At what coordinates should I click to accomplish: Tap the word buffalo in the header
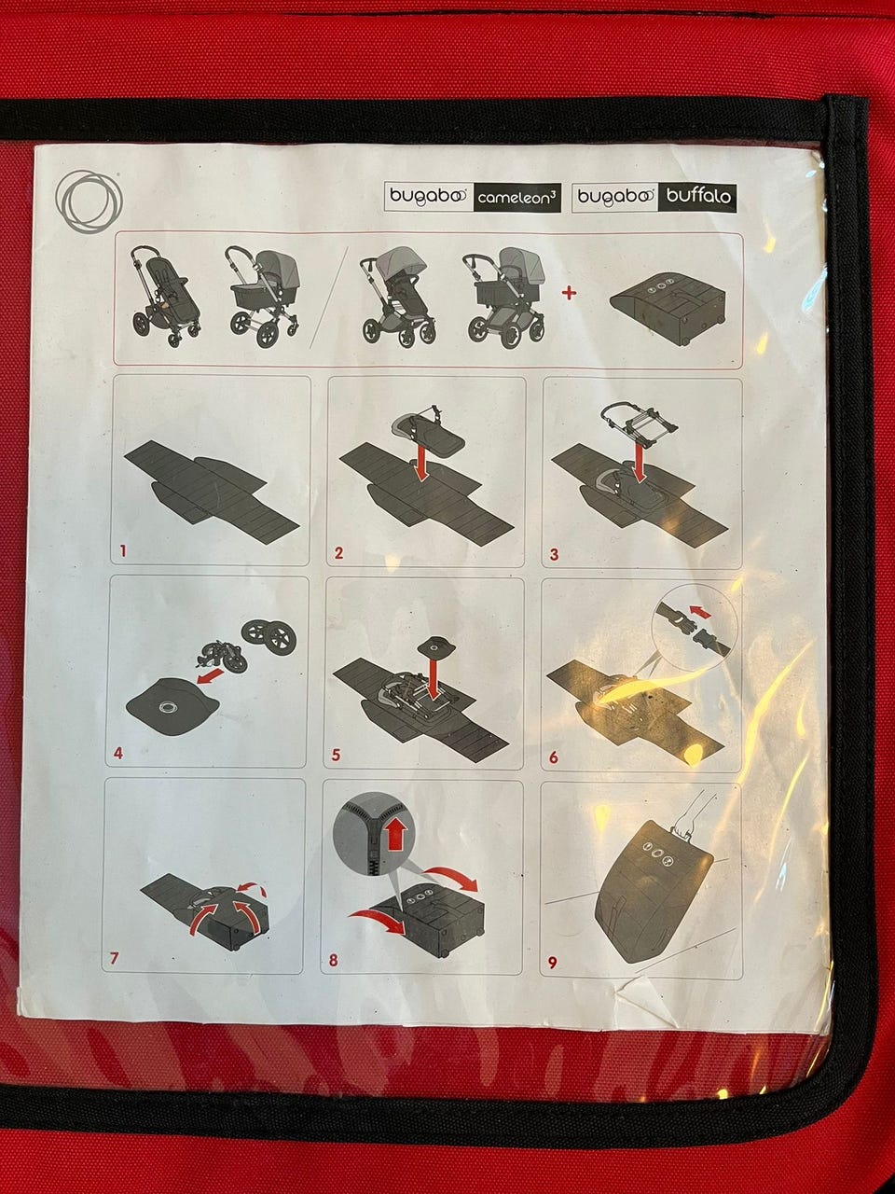click(698, 196)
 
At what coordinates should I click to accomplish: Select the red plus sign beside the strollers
click(569, 293)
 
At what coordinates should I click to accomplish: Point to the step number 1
click(123, 551)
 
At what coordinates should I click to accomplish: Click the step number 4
click(118, 754)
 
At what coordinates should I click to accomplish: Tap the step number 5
click(336, 755)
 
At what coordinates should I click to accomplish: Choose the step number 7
click(114, 958)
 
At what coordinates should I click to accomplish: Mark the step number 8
click(333, 961)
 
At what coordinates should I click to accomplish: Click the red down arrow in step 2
click(420, 462)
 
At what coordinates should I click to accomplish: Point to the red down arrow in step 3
click(640, 462)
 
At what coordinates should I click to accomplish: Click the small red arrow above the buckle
click(702, 613)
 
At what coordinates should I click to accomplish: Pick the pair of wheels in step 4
click(267, 635)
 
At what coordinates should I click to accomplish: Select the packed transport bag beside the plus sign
click(668, 305)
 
